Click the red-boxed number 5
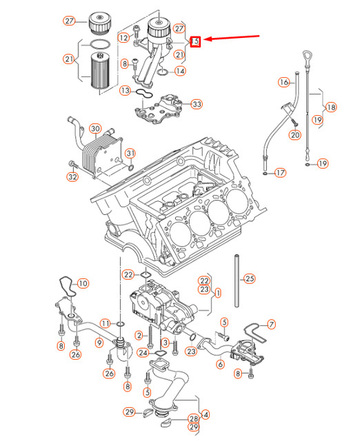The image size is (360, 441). pyautogui.click(x=197, y=41)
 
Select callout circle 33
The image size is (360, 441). pyautogui.click(x=197, y=104)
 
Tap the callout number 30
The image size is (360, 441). pyautogui.click(x=94, y=129)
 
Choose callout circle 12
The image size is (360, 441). pyautogui.click(x=123, y=38)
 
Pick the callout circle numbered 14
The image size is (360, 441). pyautogui.click(x=180, y=71)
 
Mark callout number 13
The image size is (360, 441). pyautogui.click(x=125, y=90)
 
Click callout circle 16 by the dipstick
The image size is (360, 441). pyautogui.click(x=283, y=82)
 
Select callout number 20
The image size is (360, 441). pyautogui.click(x=295, y=135)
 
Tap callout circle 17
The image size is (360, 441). pyautogui.click(x=280, y=173)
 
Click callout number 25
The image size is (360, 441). pyautogui.click(x=250, y=279)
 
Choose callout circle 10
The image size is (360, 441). pyautogui.click(x=83, y=283)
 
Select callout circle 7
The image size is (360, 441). pyautogui.click(x=271, y=323)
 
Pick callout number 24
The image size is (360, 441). pyautogui.click(x=142, y=353)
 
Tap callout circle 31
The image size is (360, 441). pyautogui.click(x=130, y=152)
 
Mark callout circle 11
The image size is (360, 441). pyautogui.click(x=105, y=323)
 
